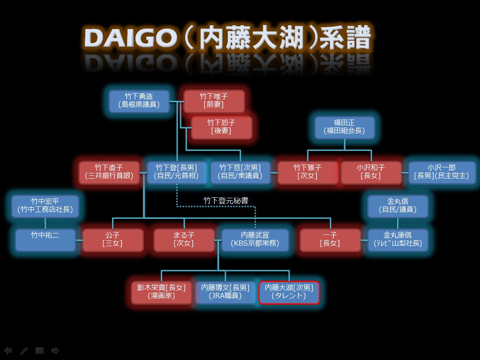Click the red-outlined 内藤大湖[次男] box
pos(289,292)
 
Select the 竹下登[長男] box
pos(176,172)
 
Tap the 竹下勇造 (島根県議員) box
pos(139,101)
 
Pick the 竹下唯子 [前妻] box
pos(214,101)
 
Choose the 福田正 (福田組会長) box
pos(345,127)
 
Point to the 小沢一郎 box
pos(442,172)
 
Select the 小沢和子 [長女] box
pos(370,172)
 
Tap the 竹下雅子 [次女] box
pos(308,172)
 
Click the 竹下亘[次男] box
pos(240,172)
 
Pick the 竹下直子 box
pos(109,172)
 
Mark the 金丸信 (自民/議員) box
pos(397,206)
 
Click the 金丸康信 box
pos(397,240)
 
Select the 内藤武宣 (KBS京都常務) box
pos(255,240)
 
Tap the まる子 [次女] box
pos(184,240)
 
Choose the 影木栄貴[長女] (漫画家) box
pos(161,292)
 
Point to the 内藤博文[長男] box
pos(225,292)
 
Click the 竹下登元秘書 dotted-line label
pos(226,200)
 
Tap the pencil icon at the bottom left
pos(24,351)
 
